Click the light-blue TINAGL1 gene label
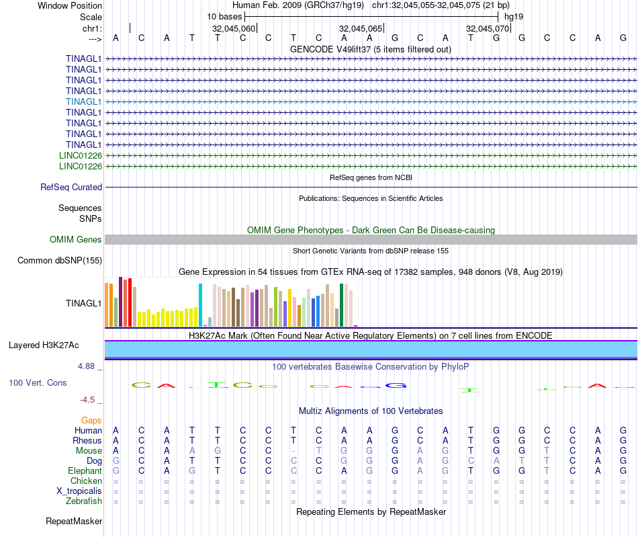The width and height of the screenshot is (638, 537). click(84, 101)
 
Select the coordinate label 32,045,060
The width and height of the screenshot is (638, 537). click(234, 29)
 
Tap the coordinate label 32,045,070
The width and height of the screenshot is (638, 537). click(488, 29)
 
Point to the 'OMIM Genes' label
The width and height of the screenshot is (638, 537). click(76, 240)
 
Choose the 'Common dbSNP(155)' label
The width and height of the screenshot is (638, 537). click(60, 260)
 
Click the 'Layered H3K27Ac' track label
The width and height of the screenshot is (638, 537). click(44, 345)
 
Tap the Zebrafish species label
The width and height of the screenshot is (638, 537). click(84, 501)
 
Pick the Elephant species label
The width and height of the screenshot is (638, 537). click(85, 471)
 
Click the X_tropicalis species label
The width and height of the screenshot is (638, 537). click(79, 491)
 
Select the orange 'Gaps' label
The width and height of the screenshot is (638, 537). click(91, 420)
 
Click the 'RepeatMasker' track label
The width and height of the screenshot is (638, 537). click(74, 522)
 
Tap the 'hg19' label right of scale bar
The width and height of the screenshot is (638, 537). click(514, 16)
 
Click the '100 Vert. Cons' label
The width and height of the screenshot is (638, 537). click(38, 382)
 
